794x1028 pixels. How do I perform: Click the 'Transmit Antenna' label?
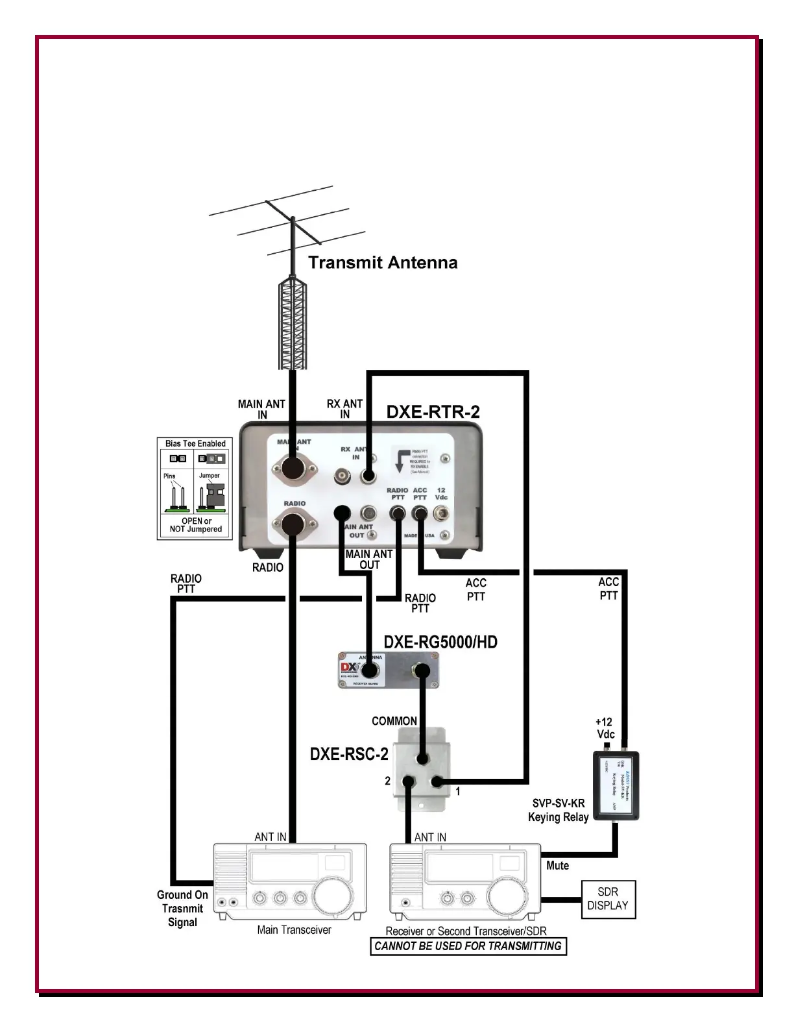(383, 263)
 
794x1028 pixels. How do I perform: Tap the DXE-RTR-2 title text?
(433, 412)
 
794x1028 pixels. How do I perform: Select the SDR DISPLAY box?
(608, 899)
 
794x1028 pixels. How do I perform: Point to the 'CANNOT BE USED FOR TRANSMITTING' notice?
(468, 946)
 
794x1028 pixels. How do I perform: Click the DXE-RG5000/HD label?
(440, 642)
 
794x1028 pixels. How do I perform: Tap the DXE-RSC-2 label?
(349, 754)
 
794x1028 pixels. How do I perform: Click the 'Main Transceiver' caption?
(294, 930)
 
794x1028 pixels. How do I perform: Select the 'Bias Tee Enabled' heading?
(195, 444)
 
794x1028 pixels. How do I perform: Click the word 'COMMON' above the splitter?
(394, 721)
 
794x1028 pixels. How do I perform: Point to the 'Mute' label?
(557, 866)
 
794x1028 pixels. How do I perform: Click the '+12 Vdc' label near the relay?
(605, 728)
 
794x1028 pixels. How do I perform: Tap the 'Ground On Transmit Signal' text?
(182, 909)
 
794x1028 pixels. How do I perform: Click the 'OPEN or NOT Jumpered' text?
(195, 525)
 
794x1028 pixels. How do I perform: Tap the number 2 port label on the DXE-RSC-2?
(387, 781)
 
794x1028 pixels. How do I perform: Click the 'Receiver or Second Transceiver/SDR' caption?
(466, 931)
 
